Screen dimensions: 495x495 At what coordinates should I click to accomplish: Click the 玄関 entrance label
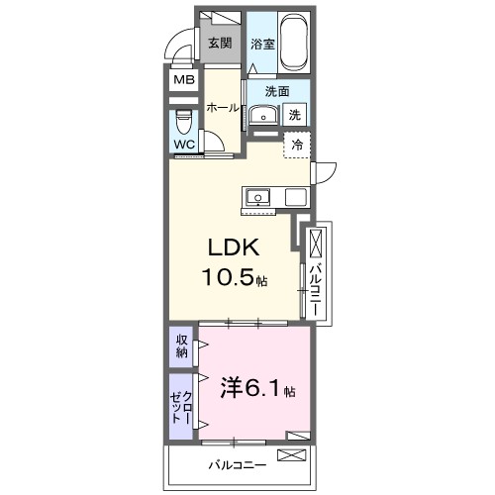click(x=219, y=43)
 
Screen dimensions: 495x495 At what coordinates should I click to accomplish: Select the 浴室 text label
click(x=261, y=44)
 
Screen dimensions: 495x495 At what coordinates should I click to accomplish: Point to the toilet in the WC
click(x=184, y=124)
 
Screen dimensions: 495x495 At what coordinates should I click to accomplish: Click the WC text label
click(x=184, y=145)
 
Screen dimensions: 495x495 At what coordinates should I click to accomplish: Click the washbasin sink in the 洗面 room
click(x=262, y=116)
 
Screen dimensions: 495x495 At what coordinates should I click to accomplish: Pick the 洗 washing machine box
click(x=295, y=115)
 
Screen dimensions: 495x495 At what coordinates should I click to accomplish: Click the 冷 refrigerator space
click(x=296, y=145)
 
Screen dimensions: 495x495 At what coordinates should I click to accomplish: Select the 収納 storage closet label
click(x=182, y=346)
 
